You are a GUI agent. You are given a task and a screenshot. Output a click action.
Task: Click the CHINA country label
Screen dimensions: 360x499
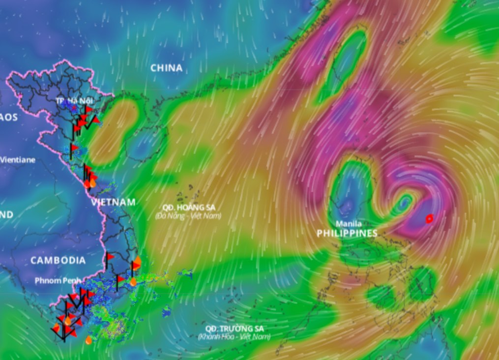tap(166, 68)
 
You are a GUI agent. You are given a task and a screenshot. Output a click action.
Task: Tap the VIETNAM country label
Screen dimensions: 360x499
tap(113, 202)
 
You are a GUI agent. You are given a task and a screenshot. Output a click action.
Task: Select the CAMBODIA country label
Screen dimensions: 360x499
tap(58, 260)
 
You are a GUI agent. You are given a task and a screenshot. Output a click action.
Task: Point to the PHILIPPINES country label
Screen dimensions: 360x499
tap(347, 233)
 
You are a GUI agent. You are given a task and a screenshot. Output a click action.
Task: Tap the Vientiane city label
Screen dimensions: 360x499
tap(18, 160)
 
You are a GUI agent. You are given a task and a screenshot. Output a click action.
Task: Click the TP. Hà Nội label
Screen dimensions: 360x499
tap(74, 101)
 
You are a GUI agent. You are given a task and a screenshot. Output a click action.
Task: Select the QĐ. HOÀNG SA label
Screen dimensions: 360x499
tap(189, 208)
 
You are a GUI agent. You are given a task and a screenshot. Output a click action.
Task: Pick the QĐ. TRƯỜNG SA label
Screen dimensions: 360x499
tap(235, 329)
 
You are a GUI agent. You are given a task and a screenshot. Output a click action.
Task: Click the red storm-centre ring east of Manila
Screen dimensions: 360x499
tap(429, 218)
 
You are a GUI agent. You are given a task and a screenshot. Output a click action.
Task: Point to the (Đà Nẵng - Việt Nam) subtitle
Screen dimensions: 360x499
tap(188, 216)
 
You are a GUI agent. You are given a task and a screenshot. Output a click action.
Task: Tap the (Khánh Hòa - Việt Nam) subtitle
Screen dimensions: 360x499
tap(235, 337)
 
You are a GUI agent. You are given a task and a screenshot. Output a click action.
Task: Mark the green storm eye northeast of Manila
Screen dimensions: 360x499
tap(404, 202)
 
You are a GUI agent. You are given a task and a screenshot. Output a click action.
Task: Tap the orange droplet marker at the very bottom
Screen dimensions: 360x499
tap(88, 339)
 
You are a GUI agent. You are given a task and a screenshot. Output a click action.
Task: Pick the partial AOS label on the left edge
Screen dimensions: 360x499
tap(9, 117)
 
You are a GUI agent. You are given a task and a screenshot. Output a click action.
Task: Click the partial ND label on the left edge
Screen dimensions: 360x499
tap(6, 215)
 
